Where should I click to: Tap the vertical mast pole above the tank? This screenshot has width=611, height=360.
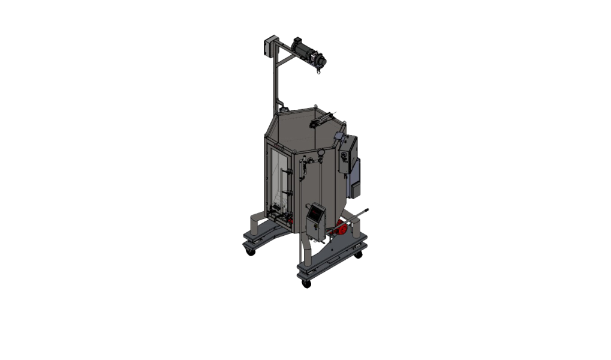(274, 84)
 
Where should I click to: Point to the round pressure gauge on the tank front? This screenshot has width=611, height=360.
(322, 154)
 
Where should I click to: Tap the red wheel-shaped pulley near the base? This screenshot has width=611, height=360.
(341, 229)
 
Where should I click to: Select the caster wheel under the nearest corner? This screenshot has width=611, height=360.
(307, 283)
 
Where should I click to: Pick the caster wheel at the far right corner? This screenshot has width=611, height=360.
(359, 254)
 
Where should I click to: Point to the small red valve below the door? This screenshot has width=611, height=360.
(290, 220)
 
